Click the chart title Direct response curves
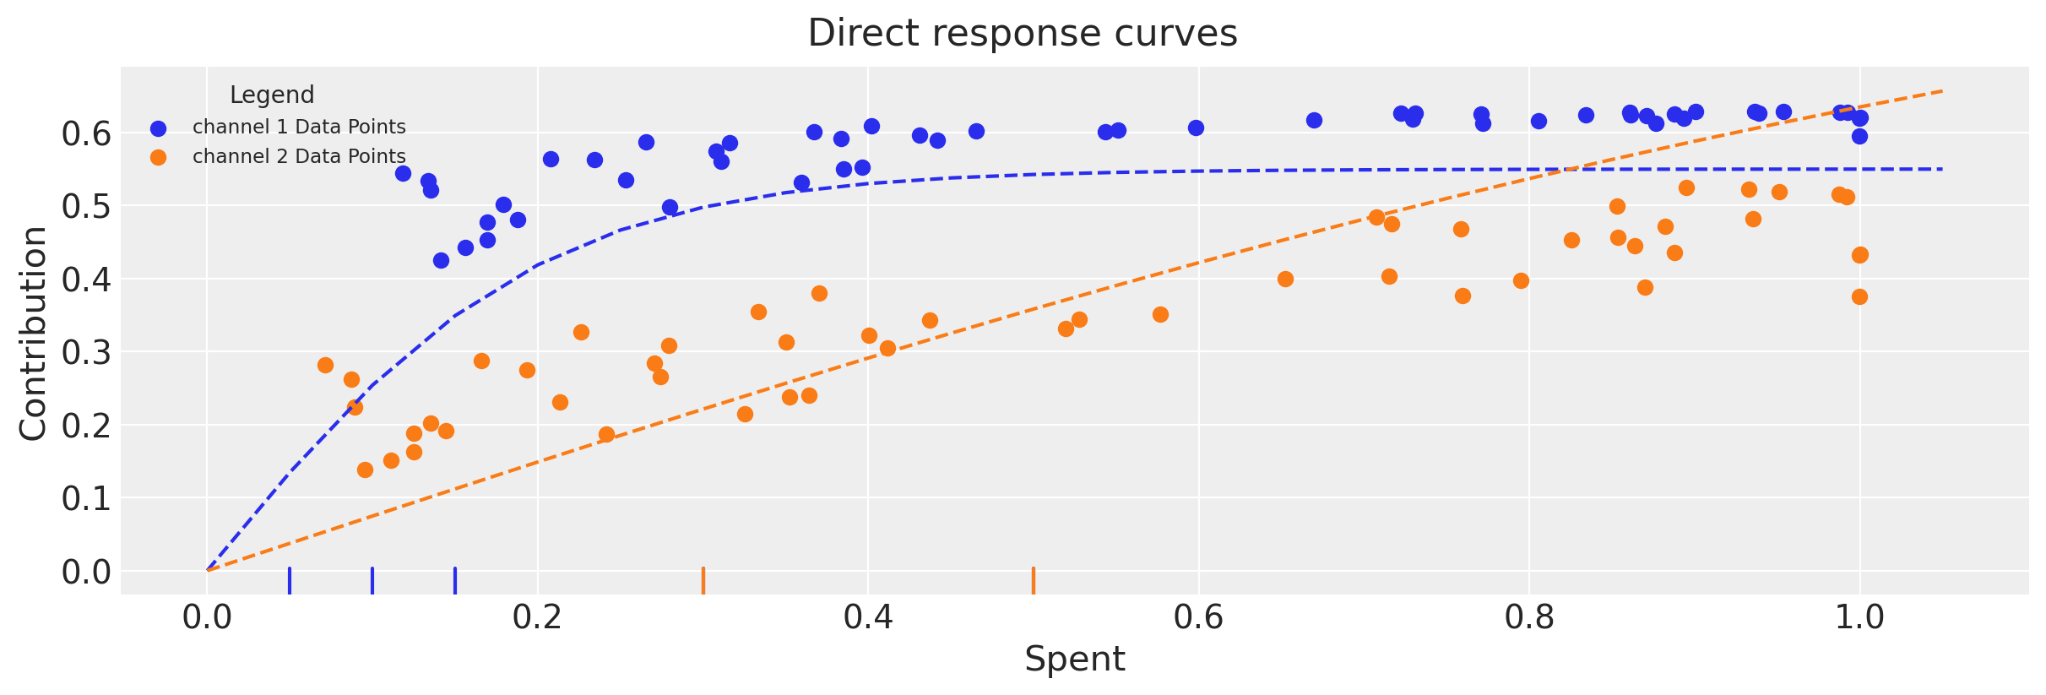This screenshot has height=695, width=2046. tap(1022, 34)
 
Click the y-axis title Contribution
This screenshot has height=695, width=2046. tap(34, 333)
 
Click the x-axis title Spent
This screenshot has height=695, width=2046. tap(1074, 660)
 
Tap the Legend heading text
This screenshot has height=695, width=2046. tap(272, 95)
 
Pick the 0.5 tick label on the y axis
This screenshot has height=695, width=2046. tap(86, 207)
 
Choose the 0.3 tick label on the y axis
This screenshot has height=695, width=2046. tap(86, 353)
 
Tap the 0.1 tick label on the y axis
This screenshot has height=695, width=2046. tap(86, 499)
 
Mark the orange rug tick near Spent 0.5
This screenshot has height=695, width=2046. tap(1034, 581)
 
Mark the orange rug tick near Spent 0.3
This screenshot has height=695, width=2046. tap(703, 581)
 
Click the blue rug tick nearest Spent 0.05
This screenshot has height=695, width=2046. tap(290, 581)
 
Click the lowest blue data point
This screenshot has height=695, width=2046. tap(441, 260)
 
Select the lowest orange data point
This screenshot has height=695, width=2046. tap(365, 470)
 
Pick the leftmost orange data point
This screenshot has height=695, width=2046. tap(325, 365)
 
